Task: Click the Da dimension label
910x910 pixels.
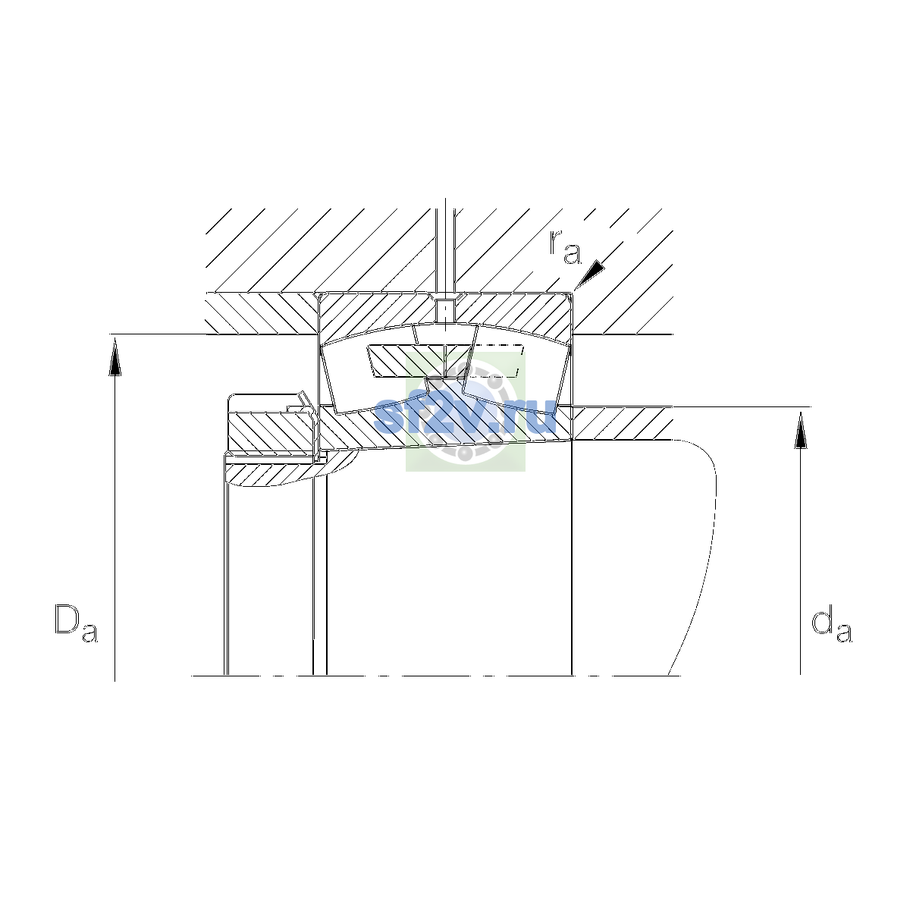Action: point(76,623)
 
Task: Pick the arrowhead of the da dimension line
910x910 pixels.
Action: point(801,430)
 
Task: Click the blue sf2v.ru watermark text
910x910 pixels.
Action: point(465,416)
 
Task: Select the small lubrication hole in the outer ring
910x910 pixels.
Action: point(445,309)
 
